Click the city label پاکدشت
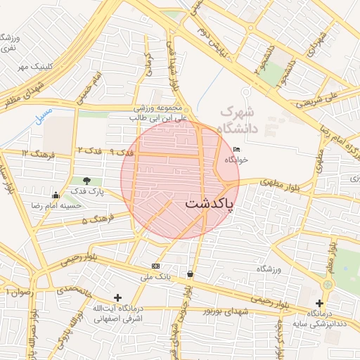coord(210,204)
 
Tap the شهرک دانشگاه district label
coord(239,120)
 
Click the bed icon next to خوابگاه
coord(236,150)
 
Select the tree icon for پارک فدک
coord(86,182)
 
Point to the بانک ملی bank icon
coord(155,266)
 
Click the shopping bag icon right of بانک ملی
coord(190,274)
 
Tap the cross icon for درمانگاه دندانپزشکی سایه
coord(319,303)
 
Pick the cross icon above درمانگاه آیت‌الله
coord(117,297)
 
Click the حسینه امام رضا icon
coord(56,195)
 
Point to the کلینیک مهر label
coord(36,67)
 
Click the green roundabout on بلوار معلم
coord(327,284)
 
